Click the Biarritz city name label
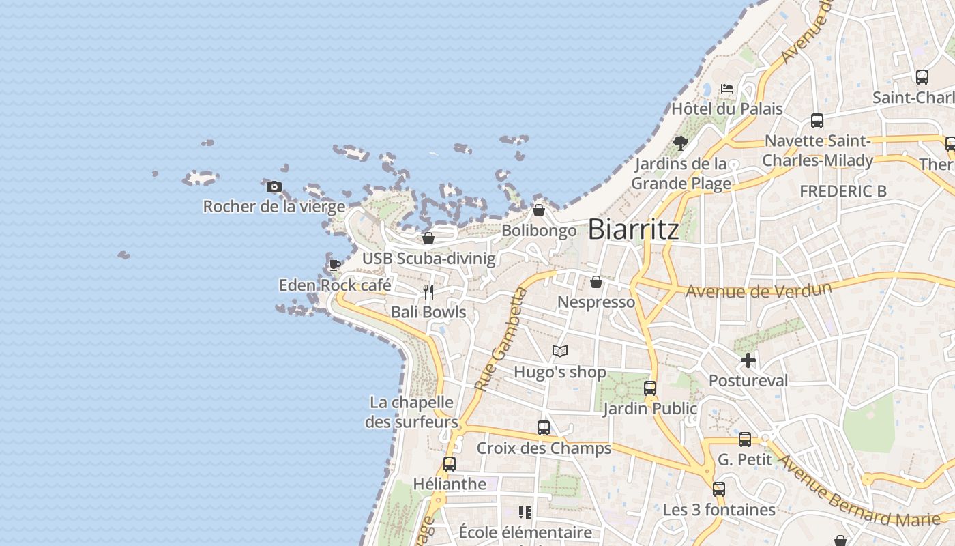(x=633, y=229)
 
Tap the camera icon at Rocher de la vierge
(x=274, y=186)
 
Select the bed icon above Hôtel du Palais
(x=727, y=89)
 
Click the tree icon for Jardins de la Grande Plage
(x=680, y=143)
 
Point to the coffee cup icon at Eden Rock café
(x=334, y=265)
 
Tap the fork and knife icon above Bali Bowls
(x=428, y=292)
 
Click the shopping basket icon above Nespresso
(x=596, y=282)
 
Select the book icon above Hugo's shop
(x=560, y=351)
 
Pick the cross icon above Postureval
(x=748, y=360)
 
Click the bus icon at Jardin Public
(x=650, y=388)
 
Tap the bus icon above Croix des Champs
(x=544, y=428)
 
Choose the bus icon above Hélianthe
(x=450, y=464)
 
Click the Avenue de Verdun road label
(x=759, y=290)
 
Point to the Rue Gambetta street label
(x=501, y=340)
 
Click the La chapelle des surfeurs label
(x=411, y=412)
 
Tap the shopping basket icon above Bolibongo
(x=539, y=210)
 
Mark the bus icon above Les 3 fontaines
(x=719, y=489)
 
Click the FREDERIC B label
(x=843, y=192)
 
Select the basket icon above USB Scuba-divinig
(x=428, y=238)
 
